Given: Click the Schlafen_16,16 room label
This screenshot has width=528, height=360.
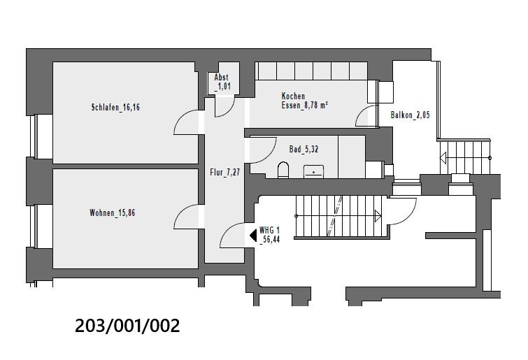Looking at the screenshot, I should pyautogui.click(x=120, y=108).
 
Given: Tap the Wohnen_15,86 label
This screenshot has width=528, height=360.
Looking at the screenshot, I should pyautogui.click(x=112, y=213).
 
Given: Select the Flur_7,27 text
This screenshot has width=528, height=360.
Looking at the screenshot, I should pyautogui.click(x=224, y=172).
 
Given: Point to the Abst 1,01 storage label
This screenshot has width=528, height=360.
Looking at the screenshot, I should pyautogui.click(x=222, y=82).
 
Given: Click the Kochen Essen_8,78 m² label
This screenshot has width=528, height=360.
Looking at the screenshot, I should pyautogui.click(x=305, y=101).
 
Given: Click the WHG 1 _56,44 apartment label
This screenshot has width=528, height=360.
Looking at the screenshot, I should pyautogui.click(x=269, y=234).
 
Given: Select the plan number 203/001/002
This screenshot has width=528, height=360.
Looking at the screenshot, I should pyautogui.click(x=127, y=326).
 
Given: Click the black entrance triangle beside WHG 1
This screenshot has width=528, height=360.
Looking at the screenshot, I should pyautogui.click(x=254, y=236).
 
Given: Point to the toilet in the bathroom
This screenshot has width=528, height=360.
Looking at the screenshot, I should pyautogui.click(x=283, y=169).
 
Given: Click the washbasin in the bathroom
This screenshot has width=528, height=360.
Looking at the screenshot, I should pyautogui.click(x=313, y=170).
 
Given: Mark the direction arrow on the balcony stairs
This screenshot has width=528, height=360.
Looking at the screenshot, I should pyautogui.click(x=444, y=159).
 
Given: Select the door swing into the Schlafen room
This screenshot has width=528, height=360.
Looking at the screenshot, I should pyautogui.click(x=186, y=123).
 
